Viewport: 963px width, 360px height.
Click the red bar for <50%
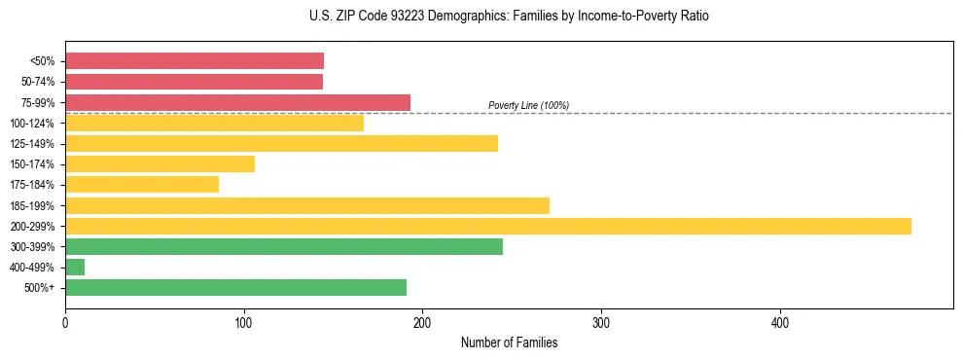coord(195,61)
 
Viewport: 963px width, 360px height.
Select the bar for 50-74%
coord(194,82)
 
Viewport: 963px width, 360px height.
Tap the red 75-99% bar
coord(237,102)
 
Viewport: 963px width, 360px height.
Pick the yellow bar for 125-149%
coord(281,144)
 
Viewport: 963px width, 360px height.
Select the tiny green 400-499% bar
coord(75,268)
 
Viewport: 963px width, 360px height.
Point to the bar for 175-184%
coord(142,185)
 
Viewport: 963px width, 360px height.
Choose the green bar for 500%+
coord(235,288)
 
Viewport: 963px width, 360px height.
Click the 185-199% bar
coord(307,205)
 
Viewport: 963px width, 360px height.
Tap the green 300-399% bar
coord(284,247)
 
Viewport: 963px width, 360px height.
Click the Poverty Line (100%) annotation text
coord(528,106)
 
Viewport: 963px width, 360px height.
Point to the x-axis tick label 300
coord(601,324)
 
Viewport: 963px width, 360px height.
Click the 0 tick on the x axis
coord(65,324)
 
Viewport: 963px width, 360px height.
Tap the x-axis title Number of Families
coord(509,342)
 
